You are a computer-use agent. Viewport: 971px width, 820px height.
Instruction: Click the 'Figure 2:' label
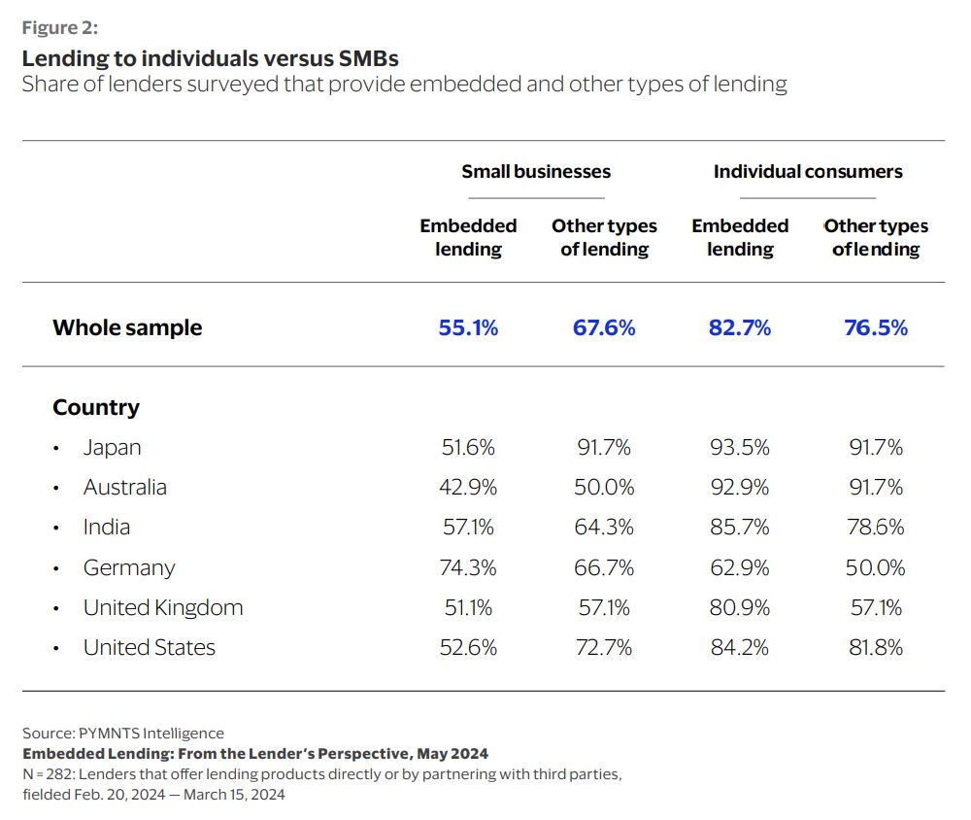click(59, 28)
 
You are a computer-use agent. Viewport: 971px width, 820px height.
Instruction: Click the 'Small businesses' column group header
click(536, 172)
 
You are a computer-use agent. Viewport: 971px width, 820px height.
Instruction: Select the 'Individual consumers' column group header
click(808, 172)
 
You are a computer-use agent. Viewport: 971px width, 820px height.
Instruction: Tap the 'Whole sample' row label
click(127, 328)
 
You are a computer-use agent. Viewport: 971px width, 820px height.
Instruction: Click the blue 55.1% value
click(468, 328)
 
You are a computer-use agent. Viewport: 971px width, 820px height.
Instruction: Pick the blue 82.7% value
click(740, 328)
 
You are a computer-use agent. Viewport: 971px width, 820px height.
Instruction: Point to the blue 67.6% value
click(604, 328)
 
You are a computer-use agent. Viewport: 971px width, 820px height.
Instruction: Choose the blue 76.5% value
click(876, 328)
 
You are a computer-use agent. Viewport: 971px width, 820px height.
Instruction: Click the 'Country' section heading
click(96, 408)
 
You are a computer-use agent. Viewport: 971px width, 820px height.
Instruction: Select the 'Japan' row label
click(112, 448)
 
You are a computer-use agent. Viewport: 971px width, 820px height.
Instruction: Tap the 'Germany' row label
click(129, 568)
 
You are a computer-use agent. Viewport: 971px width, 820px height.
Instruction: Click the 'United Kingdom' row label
click(163, 608)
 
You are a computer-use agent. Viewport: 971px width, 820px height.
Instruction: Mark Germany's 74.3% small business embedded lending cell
click(468, 568)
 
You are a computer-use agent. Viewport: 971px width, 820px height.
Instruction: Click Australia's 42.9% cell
click(468, 488)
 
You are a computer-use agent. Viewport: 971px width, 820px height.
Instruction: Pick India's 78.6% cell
click(876, 528)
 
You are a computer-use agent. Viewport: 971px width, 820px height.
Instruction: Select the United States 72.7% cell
click(604, 648)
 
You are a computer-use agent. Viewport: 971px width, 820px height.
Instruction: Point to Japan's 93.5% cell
click(740, 448)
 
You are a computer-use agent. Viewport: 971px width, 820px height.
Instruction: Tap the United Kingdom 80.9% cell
click(740, 608)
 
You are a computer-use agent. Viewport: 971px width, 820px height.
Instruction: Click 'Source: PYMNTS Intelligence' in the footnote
click(123, 734)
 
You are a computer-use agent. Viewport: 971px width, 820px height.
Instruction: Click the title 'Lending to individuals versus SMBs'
click(210, 58)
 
